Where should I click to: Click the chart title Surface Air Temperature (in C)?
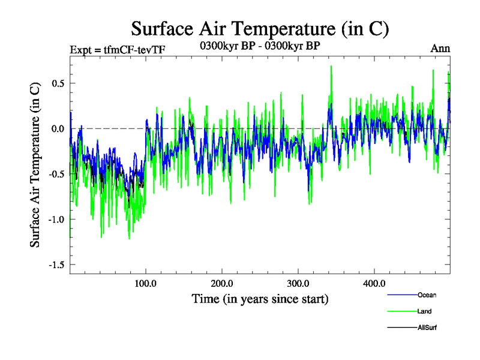260,29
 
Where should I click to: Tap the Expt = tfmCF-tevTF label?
114,49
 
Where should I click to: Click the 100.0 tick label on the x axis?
146,283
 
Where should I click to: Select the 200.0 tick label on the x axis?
222,283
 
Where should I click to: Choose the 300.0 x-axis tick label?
298,283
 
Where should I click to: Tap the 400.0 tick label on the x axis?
374,283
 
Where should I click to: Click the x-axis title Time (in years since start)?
260,298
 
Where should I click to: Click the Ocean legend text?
427,295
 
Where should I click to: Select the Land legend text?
424,311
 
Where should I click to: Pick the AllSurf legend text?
428,328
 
